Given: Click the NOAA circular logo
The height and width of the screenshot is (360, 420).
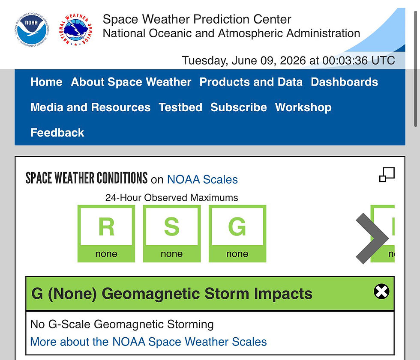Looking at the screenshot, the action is pos(32,30).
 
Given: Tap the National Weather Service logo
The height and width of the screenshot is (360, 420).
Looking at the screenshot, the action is pos(76,30).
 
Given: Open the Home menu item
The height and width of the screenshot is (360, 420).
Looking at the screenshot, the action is pos(46,82).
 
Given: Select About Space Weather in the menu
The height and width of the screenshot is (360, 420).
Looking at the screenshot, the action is pos(131,82).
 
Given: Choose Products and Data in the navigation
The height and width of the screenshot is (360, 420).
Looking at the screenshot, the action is pos(251,82).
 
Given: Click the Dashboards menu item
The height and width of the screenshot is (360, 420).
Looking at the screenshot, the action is pos(344,82).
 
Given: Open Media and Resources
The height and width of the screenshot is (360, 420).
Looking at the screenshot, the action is pos(90,107).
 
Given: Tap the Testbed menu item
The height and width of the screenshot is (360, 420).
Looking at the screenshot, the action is pos(180,107).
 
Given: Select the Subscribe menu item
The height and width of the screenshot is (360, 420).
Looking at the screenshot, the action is pos(238,107).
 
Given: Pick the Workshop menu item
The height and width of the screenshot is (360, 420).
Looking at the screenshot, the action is pos(303,107).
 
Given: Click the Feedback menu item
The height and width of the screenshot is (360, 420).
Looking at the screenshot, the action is pos(57,133).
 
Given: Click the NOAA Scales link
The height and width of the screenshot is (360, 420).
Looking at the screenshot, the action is pos(202,179).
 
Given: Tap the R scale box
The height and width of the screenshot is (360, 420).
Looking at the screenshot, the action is pos(106,233).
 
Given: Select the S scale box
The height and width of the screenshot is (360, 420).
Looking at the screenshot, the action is pos(172,233).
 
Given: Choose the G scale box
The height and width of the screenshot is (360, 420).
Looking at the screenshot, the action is pos(237,233).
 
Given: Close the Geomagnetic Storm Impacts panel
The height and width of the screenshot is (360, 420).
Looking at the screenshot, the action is pos(381,291).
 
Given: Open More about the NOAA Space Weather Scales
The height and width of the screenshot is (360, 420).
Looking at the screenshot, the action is pos(148,342).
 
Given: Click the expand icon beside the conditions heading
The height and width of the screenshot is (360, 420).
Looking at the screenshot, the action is pos(387,175).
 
